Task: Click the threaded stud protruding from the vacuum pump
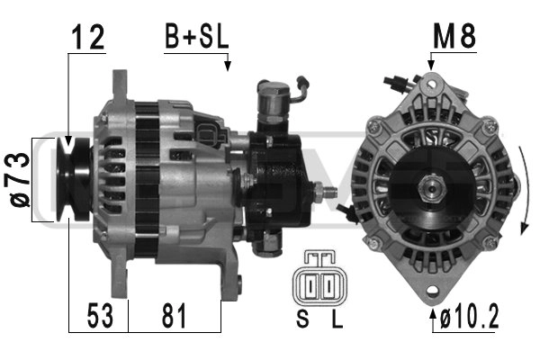tap(328, 192)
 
